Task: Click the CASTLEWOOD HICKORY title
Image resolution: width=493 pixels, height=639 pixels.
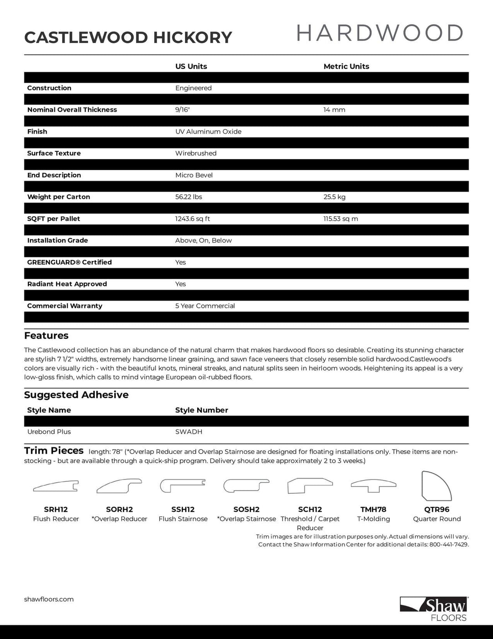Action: coord(128,37)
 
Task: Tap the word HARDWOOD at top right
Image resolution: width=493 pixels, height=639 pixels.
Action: coord(380,33)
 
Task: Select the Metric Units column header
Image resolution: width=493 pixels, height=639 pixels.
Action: coord(346,66)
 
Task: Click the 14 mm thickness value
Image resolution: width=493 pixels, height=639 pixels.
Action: coord(334,110)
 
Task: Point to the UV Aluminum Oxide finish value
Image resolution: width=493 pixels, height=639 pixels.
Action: coord(208,132)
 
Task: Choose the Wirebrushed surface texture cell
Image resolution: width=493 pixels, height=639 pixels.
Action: coord(196,154)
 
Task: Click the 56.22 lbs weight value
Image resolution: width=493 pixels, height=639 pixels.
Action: coord(189,197)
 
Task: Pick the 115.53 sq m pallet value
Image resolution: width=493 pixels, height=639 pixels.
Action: coord(341,219)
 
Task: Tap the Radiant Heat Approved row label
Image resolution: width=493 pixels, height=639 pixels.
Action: coord(67,284)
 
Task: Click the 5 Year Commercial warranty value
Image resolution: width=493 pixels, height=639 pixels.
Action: coord(205,306)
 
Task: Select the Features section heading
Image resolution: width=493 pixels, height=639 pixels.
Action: coord(46,335)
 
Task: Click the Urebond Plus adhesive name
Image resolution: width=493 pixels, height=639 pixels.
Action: coord(49,432)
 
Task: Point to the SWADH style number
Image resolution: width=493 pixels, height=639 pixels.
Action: coord(189,432)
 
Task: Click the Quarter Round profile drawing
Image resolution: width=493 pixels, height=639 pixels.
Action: coord(436,486)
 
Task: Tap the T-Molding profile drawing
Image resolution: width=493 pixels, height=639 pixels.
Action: coord(373,486)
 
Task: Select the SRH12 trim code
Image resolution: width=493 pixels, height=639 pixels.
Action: coord(56,509)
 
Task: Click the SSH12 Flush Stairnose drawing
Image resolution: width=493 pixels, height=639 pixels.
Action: coord(183,485)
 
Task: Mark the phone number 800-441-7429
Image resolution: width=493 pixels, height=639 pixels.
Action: coord(449,544)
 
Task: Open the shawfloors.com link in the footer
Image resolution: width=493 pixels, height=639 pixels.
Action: coord(49,599)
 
